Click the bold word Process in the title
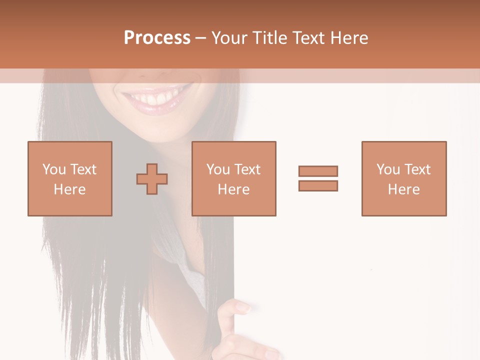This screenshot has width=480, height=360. tap(157, 38)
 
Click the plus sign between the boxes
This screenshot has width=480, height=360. tap(152, 178)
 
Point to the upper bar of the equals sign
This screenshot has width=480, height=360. tap(318, 171)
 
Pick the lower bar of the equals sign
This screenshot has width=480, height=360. tap(318, 185)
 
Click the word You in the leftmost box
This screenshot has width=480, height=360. tap(54, 169)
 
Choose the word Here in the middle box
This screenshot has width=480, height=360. tap(234, 189)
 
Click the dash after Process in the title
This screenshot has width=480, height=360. tap(200, 38)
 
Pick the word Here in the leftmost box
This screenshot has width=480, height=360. tap(69, 189)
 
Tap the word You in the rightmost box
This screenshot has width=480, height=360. tap(388, 169)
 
